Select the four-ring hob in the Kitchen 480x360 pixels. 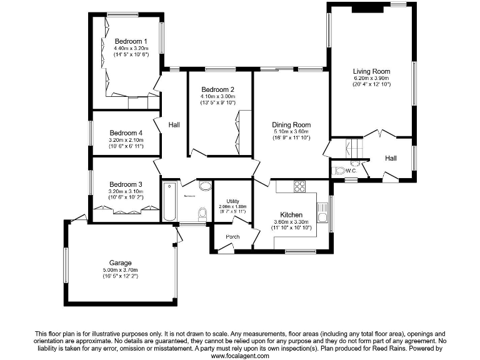coord(299,186)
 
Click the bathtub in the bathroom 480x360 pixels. coord(169,201)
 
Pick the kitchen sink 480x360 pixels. coord(322,213)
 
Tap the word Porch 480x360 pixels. coord(232,237)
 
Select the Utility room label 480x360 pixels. coord(232,200)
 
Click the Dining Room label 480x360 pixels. coord(291,125)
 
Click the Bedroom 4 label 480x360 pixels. coord(126,133)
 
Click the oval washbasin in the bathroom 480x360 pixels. coord(205,186)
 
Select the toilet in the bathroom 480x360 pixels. coord(202,214)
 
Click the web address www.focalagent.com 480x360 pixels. coord(240,356)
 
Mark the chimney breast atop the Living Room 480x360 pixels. coord(367,9)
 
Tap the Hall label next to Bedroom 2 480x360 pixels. coord(174,125)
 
